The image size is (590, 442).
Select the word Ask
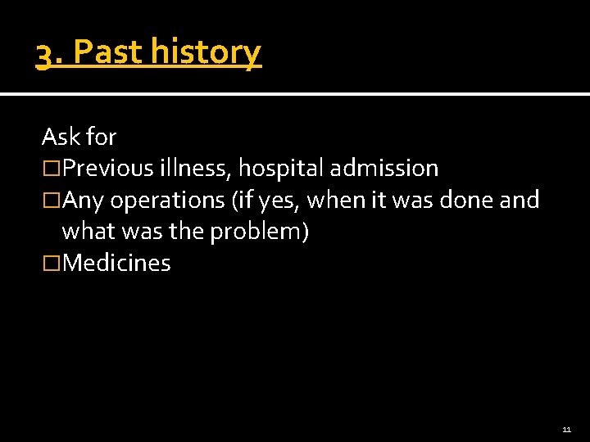point(57,137)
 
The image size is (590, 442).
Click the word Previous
point(107,169)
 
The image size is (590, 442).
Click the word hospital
point(280,169)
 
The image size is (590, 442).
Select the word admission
point(383,169)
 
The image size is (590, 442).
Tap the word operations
point(163,201)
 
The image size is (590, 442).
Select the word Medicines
point(116,264)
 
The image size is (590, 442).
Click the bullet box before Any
point(51,201)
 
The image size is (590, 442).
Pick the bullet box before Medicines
point(51,264)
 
